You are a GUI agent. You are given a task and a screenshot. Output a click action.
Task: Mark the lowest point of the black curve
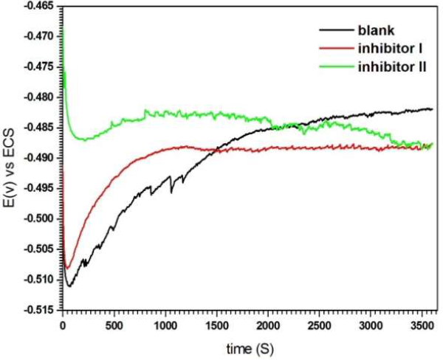click(x=69, y=285)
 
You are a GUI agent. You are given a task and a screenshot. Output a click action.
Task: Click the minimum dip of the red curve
click(x=66, y=268)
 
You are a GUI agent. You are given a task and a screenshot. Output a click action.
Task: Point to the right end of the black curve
click(x=432, y=109)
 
